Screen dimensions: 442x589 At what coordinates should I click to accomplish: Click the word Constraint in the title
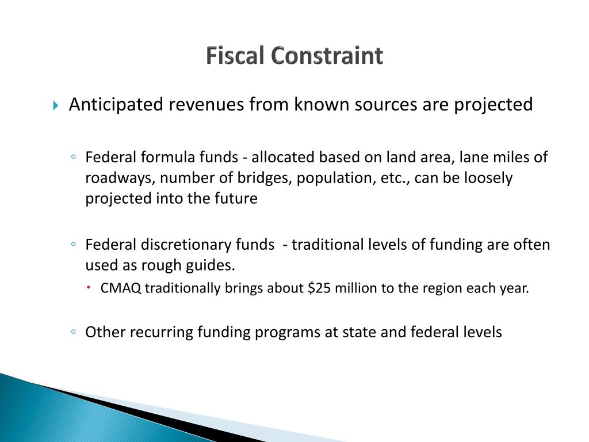pyautogui.click(x=327, y=56)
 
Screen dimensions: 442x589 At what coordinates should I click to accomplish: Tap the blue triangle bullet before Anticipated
pyautogui.click(x=55, y=106)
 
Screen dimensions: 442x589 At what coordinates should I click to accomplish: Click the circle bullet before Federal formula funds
pyautogui.click(x=75, y=157)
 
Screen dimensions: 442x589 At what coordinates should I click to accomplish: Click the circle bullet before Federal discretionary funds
pyautogui.click(x=75, y=245)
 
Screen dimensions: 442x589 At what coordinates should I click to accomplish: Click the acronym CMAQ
pyautogui.click(x=121, y=288)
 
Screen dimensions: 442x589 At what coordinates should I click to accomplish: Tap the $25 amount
pyautogui.click(x=319, y=288)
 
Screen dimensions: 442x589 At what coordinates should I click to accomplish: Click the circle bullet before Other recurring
pyautogui.click(x=75, y=332)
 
